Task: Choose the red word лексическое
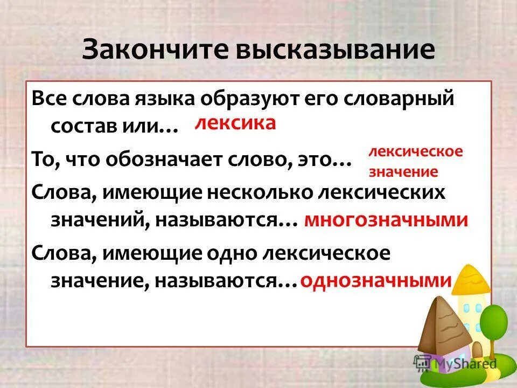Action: coord(415,151)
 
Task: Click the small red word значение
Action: coord(403,172)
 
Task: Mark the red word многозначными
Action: coord(386,220)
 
